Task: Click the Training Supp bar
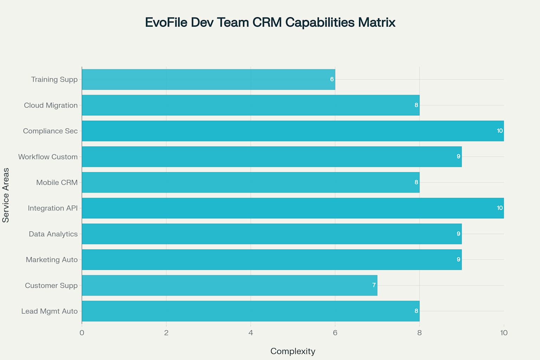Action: pos(208,79)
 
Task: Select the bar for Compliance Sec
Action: pos(292,131)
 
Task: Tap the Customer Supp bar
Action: pos(229,285)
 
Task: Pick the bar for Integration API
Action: pos(292,208)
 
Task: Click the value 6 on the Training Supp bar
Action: pos(332,79)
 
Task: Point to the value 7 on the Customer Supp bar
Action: pos(374,285)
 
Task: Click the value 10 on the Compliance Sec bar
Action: pos(500,131)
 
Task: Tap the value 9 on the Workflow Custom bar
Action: pos(458,156)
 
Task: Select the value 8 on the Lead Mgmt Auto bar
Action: pos(416,311)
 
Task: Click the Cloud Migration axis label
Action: pos(51,105)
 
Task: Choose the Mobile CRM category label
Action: pos(57,182)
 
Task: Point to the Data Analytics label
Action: pos(53,234)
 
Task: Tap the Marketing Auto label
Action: pos(51,259)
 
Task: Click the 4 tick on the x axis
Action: pos(251,333)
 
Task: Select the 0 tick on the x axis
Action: pos(82,333)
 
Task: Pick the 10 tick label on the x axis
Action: pos(503,333)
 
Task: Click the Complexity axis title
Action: pos(292,351)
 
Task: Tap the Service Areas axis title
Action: pos(6,195)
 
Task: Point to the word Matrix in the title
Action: pos(377,22)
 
